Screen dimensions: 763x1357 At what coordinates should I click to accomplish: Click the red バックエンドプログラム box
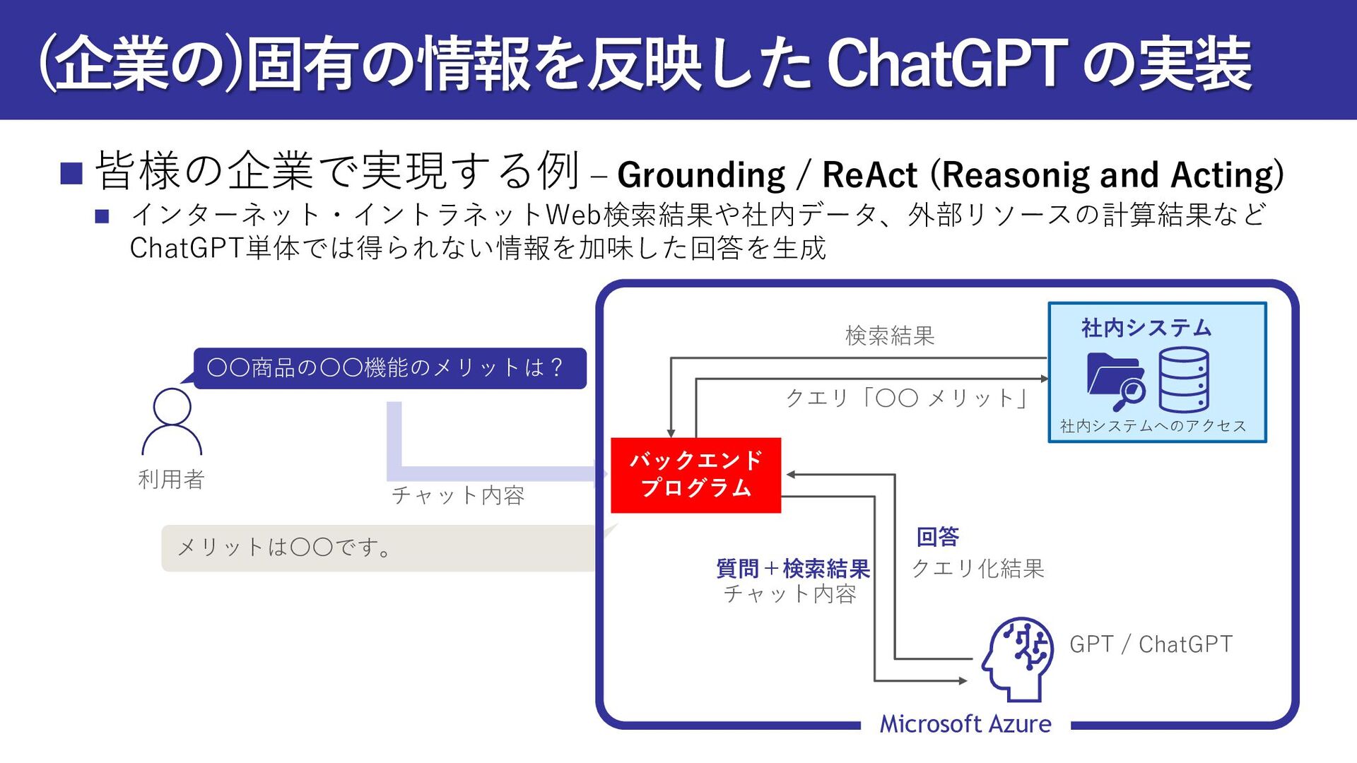[695, 475]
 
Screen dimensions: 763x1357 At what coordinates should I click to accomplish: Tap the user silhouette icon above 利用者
[172, 422]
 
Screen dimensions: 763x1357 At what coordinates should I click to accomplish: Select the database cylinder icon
[1183, 379]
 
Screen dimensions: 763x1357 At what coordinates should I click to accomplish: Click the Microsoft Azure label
[965, 724]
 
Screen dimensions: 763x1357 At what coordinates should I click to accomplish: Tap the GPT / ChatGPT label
[1151, 644]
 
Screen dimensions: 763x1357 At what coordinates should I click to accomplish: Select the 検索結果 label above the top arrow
[890, 336]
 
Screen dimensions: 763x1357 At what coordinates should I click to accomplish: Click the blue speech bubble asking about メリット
[389, 368]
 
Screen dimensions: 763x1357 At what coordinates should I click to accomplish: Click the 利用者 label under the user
[172, 480]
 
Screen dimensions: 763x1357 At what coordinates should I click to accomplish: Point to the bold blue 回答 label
[937, 537]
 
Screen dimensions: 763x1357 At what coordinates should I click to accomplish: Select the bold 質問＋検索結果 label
[793, 569]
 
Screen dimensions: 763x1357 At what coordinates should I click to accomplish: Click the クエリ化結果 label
[977, 569]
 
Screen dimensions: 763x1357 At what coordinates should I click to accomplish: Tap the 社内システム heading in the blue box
[1146, 328]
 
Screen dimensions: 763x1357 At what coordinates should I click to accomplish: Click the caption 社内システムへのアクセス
[1153, 426]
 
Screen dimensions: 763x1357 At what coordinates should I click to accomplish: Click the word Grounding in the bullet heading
[700, 175]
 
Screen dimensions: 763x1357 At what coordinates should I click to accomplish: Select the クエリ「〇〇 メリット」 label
[907, 398]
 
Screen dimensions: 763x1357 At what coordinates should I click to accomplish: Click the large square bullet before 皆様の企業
[71, 173]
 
